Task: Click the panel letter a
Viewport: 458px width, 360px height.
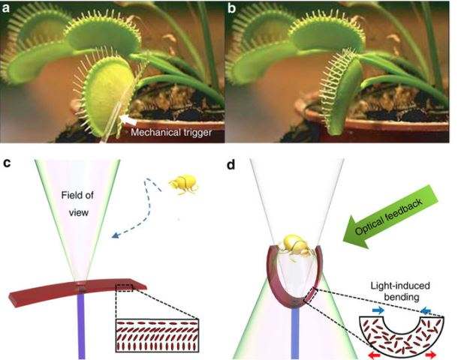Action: [6, 8]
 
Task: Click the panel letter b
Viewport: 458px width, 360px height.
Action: [232, 8]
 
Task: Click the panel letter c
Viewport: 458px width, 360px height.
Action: [7, 163]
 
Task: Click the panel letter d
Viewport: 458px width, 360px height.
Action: [231, 165]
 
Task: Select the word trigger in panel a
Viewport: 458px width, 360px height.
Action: [197, 133]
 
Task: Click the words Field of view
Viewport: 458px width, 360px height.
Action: [78, 203]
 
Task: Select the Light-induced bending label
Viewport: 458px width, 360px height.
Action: [400, 291]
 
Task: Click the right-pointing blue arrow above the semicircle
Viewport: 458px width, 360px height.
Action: [378, 310]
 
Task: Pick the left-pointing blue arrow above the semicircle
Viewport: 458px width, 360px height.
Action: [426, 311]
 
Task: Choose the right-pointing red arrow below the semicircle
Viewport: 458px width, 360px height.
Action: [430, 355]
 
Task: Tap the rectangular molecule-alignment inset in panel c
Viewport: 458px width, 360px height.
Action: [158, 335]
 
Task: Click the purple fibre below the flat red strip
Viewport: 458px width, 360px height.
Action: [82, 325]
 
